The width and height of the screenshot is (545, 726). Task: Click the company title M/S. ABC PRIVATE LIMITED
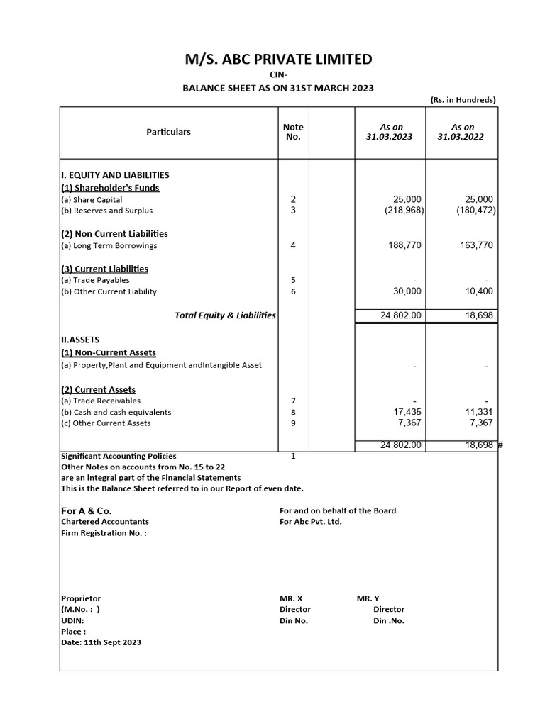coord(278,59)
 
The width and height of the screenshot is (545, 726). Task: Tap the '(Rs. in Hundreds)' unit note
coord(463,100)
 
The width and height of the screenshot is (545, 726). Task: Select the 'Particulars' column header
coord(168,132)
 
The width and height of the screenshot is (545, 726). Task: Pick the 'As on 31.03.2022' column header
coord(461,132)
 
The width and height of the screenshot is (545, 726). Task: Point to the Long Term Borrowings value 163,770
coord(471,246)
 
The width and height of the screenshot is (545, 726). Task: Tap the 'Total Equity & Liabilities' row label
coord(225,315)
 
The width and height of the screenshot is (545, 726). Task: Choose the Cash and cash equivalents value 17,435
coord(407,412)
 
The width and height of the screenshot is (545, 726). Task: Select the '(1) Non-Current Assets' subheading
coord(109,352)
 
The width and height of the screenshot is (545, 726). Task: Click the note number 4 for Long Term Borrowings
coord(293,246)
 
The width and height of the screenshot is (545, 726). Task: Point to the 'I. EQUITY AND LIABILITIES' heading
coord(115,174)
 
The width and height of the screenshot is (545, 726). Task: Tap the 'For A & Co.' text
coord(86,510)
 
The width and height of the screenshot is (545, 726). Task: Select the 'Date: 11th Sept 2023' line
coord(101,642)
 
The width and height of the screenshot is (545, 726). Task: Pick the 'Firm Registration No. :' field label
coord(104,532)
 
